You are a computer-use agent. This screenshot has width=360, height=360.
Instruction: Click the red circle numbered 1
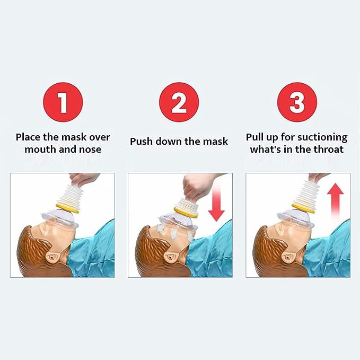coord(63,102)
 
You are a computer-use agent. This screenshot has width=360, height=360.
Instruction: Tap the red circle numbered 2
coord(179,102)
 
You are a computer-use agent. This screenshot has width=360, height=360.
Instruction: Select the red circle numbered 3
coord(297,102)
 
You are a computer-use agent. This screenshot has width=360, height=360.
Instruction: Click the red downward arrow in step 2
coord(216,203)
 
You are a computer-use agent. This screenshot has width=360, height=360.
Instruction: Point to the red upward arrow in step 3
coord(335,202)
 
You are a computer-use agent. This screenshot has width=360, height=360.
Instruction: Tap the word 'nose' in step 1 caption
coord(90,150)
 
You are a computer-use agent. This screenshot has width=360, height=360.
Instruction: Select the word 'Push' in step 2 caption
coord(142,141)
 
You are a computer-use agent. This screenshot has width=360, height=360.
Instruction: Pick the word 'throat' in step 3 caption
coord(329,150)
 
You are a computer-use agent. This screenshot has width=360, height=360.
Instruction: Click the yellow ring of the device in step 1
coord(68,208)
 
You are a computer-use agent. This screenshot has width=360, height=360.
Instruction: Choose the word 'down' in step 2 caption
coord(168,141)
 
